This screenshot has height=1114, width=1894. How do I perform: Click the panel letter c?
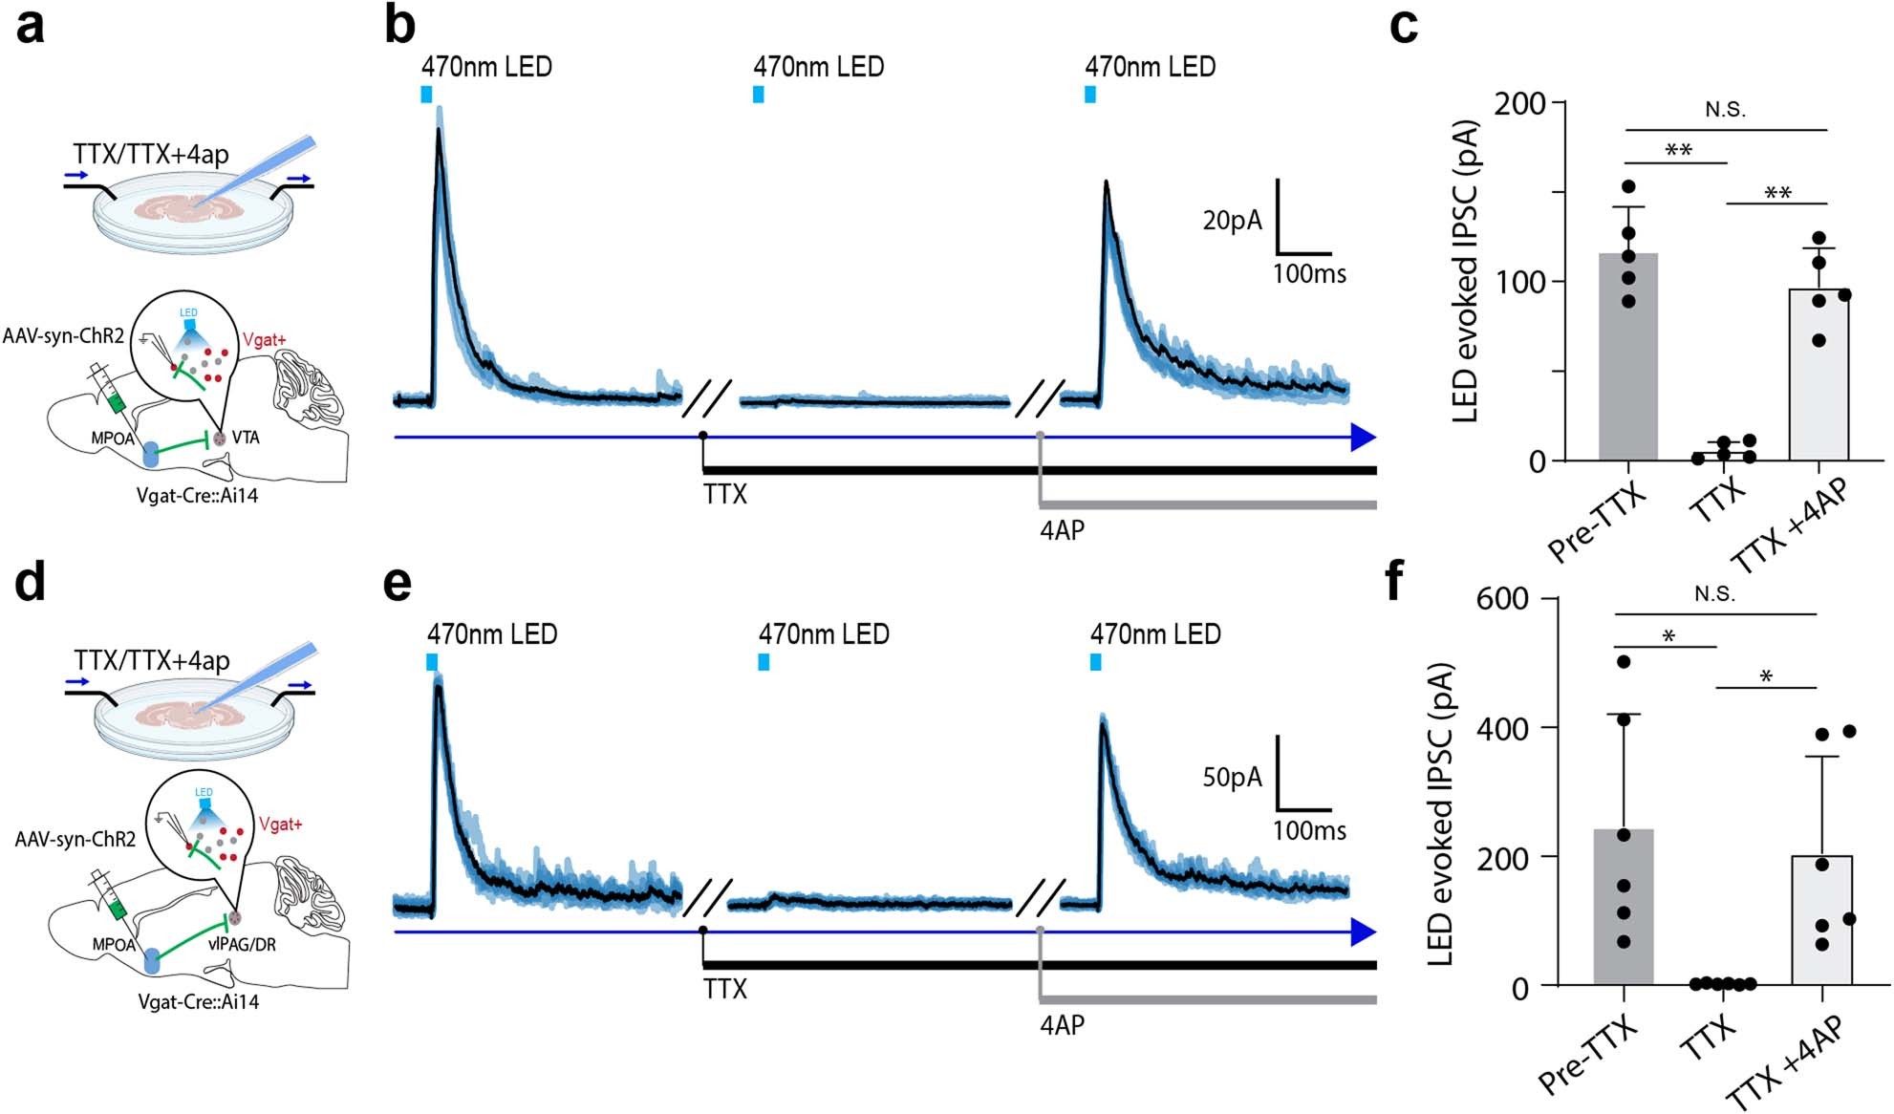(x=1402, y=27)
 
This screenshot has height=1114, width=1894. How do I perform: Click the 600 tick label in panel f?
(x=1502, y=600)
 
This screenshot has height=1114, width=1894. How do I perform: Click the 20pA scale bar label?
(x=1232, y=221)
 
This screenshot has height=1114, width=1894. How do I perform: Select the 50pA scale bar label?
(x=1232, y=778)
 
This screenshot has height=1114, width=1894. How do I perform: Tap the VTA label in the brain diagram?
(x=246, y=438)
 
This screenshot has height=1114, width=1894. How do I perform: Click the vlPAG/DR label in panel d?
(x=243, y=944)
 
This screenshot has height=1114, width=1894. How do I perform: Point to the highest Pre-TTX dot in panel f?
(x=1623, y=662)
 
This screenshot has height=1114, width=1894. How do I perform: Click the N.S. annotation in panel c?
(x=1725, y=110)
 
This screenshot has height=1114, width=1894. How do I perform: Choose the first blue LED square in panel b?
(x=426, y=94)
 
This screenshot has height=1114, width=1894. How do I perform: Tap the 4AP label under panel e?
(x=1062, y=1025)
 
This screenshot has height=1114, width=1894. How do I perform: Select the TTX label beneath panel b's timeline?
(x=724, y=495)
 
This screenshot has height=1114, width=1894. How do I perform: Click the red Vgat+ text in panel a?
(x=265, y=339)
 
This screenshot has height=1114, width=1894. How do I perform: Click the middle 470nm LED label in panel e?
(x=824, y=634)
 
